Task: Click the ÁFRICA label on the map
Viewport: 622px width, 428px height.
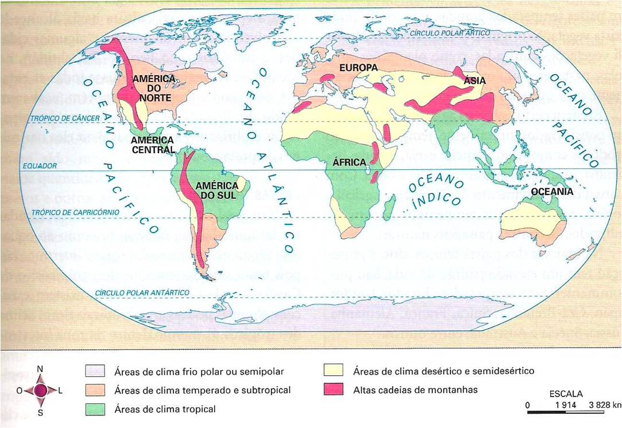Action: (x=349, y=162)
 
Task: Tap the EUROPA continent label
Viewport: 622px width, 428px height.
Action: (x=358, y=68)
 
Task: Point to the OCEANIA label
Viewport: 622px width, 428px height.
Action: (x=552, y=191)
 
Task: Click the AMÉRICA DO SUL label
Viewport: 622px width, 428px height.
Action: (x=217, y=190)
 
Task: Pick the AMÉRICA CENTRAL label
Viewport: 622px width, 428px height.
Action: (x=153, y=145)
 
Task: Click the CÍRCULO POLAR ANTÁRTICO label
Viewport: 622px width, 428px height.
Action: (x=143, y=293)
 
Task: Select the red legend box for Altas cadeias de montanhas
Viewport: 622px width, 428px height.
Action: (x=335, y=390)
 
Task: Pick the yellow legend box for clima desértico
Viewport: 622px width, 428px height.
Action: (x=335, y=371)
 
